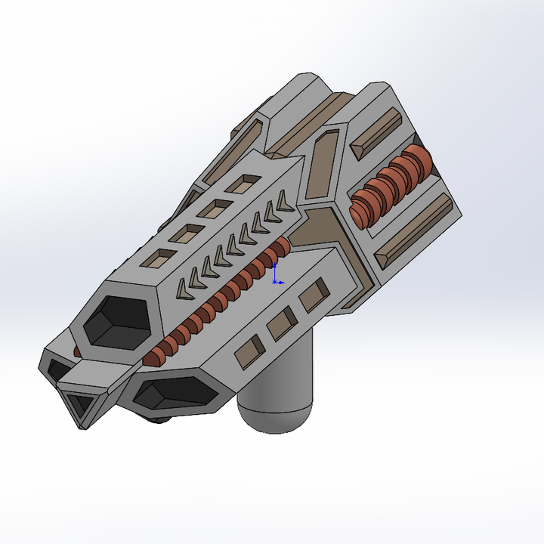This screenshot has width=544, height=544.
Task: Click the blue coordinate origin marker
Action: click(275, 281)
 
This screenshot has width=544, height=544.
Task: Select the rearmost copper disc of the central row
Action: click(282, 246)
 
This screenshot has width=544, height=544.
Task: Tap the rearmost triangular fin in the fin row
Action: click(284, 201)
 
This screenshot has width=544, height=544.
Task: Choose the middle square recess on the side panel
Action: click(281, 323)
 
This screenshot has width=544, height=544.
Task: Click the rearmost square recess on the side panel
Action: click(314, 295)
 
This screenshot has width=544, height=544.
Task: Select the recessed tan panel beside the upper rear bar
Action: click(326, 162)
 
